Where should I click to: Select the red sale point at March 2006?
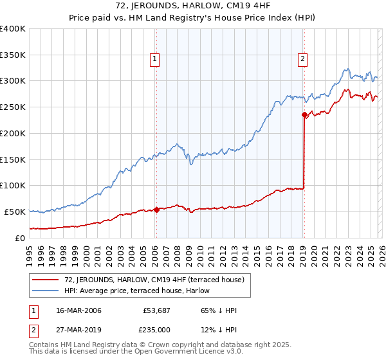pos(156,210)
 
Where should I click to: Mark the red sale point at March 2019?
pos(304,115)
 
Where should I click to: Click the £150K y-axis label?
pos(13,159)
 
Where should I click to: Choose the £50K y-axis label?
pos(15,212)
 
